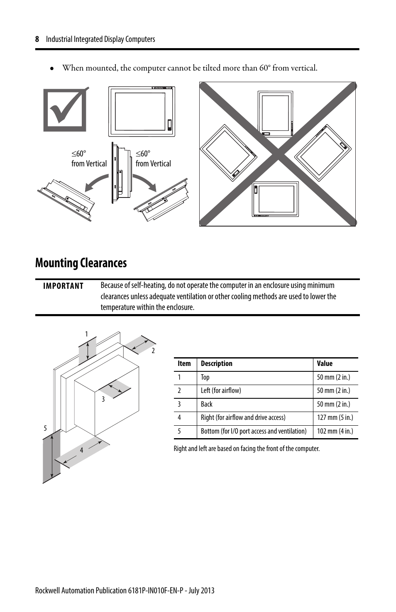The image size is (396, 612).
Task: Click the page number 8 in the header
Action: [x=37, y=39]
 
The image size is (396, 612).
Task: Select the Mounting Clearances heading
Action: [x=81, y=263]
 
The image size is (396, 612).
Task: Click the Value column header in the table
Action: [x=325, y=363]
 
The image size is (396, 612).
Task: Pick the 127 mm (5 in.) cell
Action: [x=335, y=418]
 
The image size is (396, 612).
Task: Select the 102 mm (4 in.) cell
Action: [x=335, y=431]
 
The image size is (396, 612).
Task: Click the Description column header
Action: [x=216, y=363]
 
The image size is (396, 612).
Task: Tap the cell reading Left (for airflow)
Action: [x=221, y=390]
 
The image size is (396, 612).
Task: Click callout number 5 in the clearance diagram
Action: [x=46, y=428]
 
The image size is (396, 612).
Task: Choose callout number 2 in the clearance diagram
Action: [x=153, y=351]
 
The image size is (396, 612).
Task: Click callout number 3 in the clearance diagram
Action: [x=103, y=399]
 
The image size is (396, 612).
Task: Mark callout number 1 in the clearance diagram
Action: [x=86, y=334]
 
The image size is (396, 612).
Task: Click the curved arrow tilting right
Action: [x=145, y=182]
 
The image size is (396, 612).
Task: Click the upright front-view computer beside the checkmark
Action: [x=142, y=112]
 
